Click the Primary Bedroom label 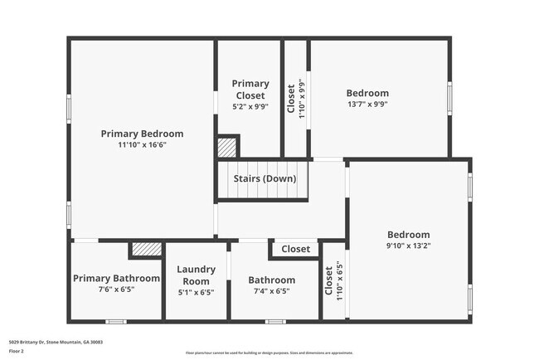coord(142,134)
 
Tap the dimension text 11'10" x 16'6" coord(142,144)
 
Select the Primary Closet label coord(250,89)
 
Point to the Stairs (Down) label coord(261,178)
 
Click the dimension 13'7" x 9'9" coord(367,105)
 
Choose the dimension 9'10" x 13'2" coord(408,246)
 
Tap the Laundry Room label coord(196,275)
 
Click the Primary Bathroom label coord(116,279)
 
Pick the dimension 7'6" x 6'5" coord(116,289)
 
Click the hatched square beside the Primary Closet coord(226,148)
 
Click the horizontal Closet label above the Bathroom coord(295,249)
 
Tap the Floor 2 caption coord(16,351)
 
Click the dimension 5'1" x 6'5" coord(196,292)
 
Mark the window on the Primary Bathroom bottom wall coord(115,321)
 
